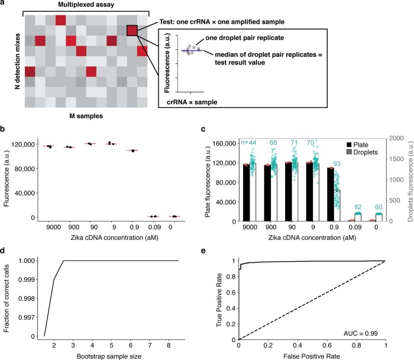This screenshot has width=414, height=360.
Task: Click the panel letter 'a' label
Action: click(x=3, y=4)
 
